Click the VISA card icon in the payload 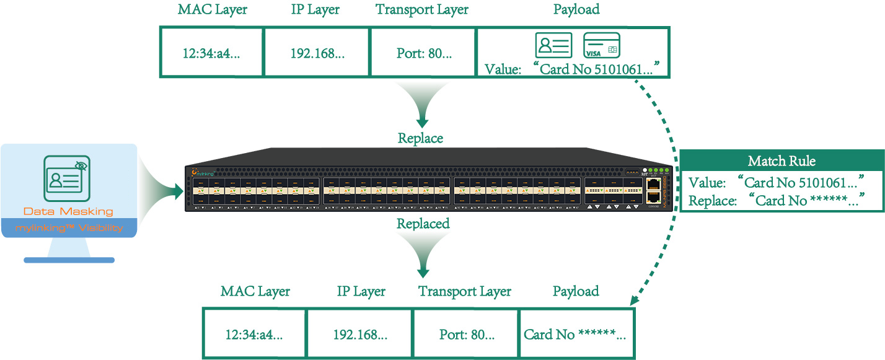tap(602, 45)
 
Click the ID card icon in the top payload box tap(553, 45)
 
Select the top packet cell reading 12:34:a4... tap(211, 53)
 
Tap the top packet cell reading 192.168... tap(317, 53)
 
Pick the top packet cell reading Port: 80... tap(423, 53)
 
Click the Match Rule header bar tap(781, 161)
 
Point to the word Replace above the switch tap(420, 138)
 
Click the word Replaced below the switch tap(423, 223)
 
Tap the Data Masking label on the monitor tap(68, 211)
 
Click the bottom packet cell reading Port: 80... tap(466, 335)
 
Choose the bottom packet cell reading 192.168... tap(360, 335)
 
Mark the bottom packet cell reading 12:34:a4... tap(254, 335)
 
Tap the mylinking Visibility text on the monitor tap(69, 228)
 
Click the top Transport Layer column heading tap(422, 10)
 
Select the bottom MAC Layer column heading tap(255, 291)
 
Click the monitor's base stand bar tap(69, 260)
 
